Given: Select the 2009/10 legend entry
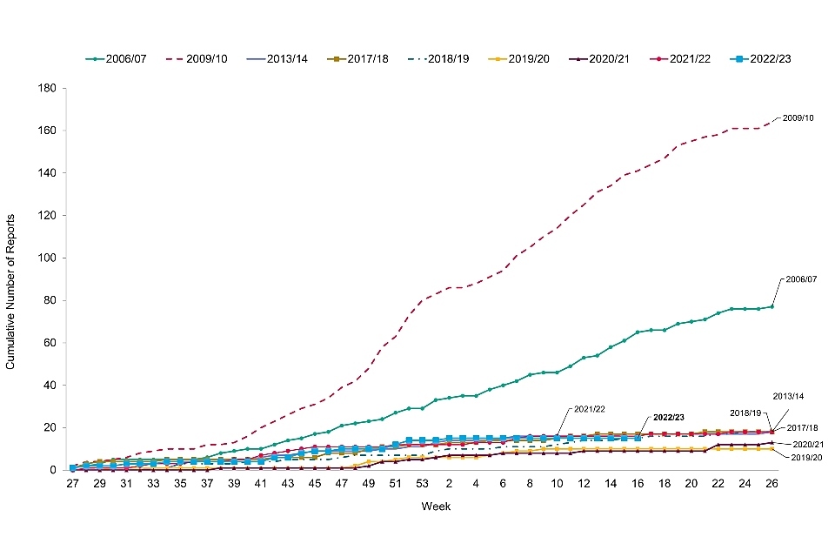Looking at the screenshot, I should click(x=204, y=59).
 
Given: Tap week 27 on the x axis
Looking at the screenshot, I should click(x=73, y=484).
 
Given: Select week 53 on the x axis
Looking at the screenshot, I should click(x=422, y=484).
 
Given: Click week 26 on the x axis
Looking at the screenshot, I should click(x=771, y=484).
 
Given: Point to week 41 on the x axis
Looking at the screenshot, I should click(x=261, y=484).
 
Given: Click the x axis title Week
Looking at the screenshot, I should click(x=436, y=506).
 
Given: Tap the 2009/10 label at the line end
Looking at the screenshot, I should click(x=798, y=117).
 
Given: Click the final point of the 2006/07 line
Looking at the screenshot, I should click(x=771, y=306).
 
